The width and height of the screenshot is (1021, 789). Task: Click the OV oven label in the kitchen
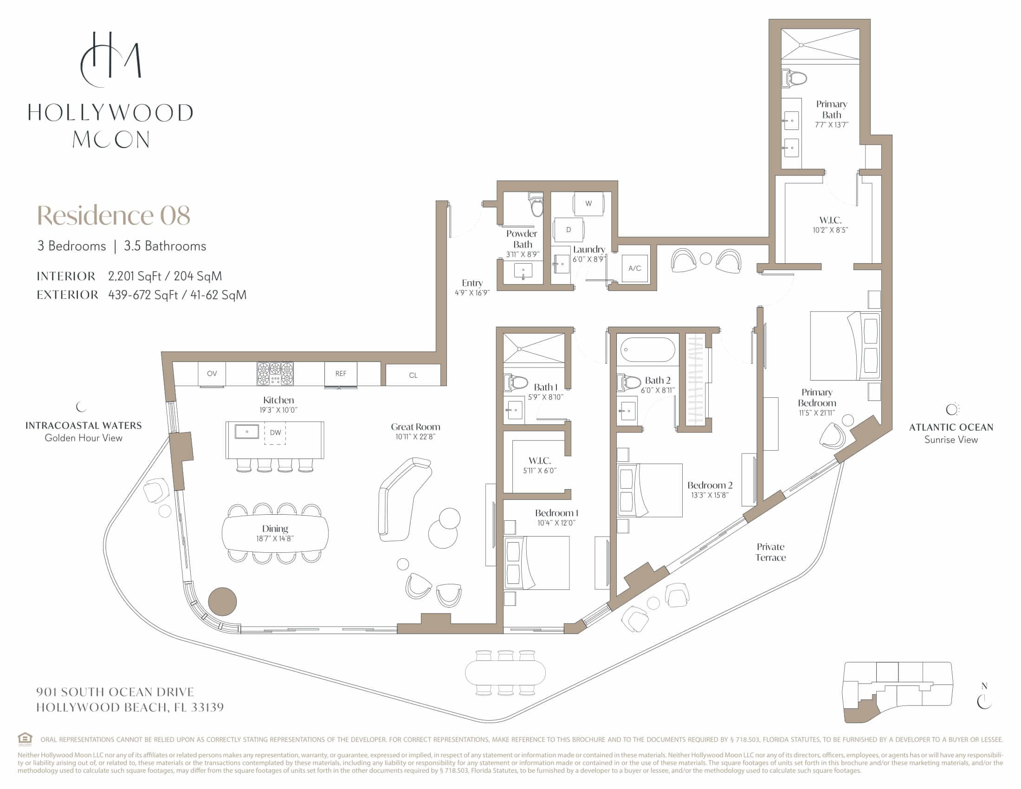[x=212, y=374]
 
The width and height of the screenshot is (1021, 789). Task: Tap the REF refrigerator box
[x=341, y=374]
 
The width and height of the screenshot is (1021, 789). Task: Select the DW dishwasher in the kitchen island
[x=275, y=433]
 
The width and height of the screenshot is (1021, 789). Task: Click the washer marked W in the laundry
[x=588, y=203]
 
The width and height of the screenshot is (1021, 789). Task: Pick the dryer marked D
[x=569, y=230]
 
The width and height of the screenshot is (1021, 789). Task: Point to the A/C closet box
[x=634, y=268]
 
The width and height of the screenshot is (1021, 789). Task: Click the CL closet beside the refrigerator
[x=413, y=375]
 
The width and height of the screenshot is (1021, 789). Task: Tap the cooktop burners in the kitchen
[x=275, y=374]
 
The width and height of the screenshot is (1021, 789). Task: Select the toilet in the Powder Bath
[x=536, y=204]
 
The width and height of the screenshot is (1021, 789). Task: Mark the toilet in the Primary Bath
[x=794, y=78]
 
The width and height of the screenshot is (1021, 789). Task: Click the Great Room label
[x=416, y=427]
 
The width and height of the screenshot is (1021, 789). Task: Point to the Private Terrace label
[x=770, y=552]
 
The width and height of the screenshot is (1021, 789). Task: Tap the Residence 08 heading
[x=114, y=215]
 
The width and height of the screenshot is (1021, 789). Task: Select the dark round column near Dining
[x=222, y=601]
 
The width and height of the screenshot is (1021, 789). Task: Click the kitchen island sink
[x=247, y=432]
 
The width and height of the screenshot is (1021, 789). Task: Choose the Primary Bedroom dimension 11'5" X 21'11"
[x=817, y=413]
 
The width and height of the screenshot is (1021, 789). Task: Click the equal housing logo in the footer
[x=25, y=739]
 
